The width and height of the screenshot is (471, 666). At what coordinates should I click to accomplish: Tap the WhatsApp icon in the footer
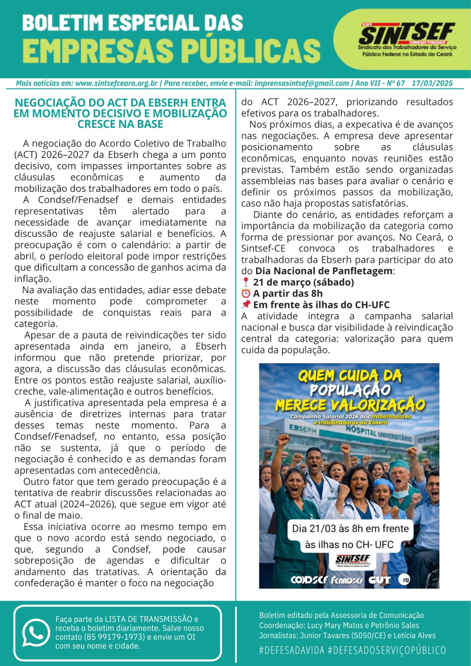pos(36,633)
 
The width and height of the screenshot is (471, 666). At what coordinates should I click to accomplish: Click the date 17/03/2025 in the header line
pos(432,83)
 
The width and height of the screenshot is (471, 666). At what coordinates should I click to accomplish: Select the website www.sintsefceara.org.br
pos(117,83)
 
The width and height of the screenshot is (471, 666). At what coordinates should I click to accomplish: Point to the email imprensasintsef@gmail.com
pos(302,83)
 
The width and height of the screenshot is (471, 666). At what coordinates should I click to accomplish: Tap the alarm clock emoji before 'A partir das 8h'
pos(246,293)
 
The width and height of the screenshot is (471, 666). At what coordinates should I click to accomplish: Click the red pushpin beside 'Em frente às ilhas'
pos(246,305)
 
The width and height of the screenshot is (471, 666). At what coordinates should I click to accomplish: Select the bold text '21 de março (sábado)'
pos(303,282)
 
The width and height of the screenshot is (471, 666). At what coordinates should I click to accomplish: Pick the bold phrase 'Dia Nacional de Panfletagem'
pos(324,271)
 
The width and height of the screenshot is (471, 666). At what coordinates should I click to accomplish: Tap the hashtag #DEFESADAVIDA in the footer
pos(292,650)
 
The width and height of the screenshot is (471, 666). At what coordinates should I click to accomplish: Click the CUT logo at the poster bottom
pos(379,580)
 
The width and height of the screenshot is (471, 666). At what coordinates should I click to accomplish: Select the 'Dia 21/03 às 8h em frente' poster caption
pos(350,529)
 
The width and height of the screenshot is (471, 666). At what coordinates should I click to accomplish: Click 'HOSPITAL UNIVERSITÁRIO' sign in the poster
pos(379,434)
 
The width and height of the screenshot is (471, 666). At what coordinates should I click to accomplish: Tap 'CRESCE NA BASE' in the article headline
pos(120,124)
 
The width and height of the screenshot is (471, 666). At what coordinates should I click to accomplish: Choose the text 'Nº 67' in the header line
pos(396,83)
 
